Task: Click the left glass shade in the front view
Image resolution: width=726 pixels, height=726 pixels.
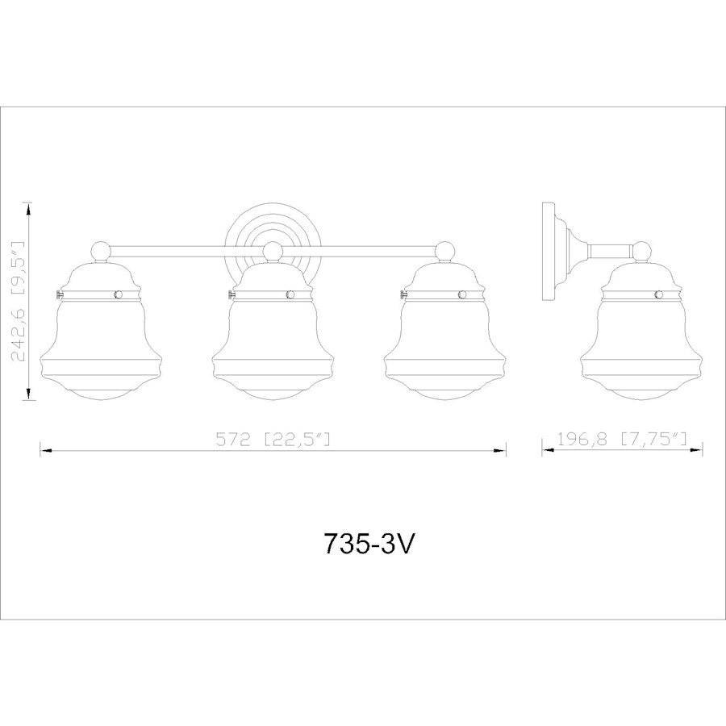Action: click(101, 339)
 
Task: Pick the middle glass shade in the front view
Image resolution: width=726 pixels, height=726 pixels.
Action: click(274, 339)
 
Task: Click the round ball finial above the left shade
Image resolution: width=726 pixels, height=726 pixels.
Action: click(101, 251)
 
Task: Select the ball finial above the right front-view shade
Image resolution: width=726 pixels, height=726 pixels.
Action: click(446, 251)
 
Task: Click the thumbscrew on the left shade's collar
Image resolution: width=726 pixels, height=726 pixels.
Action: click(56, 294)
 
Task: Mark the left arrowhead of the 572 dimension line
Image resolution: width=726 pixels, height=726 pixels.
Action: click(45, 453)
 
